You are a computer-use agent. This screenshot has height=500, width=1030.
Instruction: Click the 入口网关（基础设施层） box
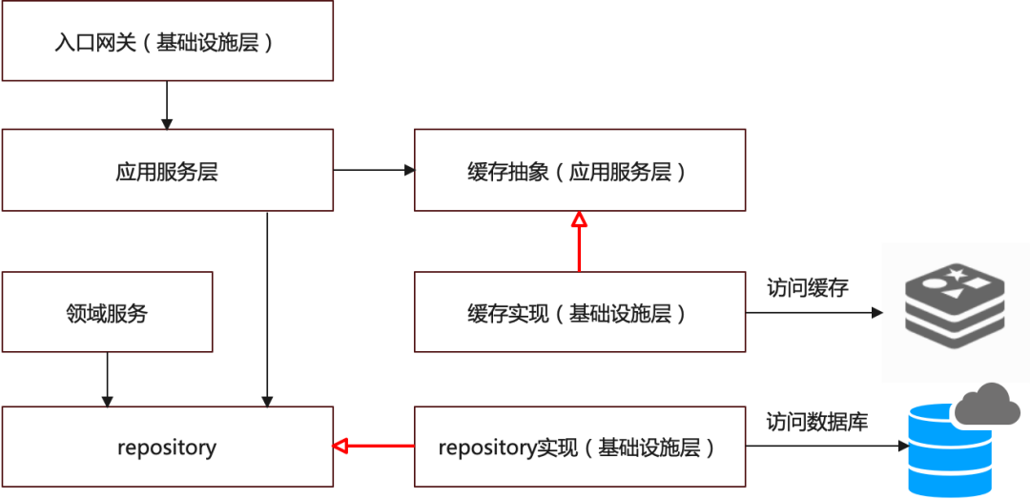tap(167, 42)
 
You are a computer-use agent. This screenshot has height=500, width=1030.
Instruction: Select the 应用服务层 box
tap(167, 171)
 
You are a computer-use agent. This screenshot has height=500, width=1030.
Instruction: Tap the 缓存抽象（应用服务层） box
tap(579, 171)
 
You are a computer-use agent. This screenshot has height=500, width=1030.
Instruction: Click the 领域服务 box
tap(107, 312)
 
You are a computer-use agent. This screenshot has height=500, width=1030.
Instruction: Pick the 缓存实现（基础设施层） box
tap(579, 312)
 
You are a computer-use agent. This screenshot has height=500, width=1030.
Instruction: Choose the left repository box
tap(167, 447)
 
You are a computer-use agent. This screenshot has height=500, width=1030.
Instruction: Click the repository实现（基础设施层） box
tap(579, 447)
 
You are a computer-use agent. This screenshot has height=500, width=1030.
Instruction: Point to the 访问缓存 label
tap(807, 288)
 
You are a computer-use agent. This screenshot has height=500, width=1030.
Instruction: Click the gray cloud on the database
tap(988, 405)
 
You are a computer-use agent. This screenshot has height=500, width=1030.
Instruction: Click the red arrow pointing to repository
tap(373, 446)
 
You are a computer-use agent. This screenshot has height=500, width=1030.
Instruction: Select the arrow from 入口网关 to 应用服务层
tap(167, 105)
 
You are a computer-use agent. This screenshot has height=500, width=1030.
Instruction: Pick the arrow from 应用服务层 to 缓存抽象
tap(373, 171)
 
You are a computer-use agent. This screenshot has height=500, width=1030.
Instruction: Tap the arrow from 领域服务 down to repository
tap(107, 378)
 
